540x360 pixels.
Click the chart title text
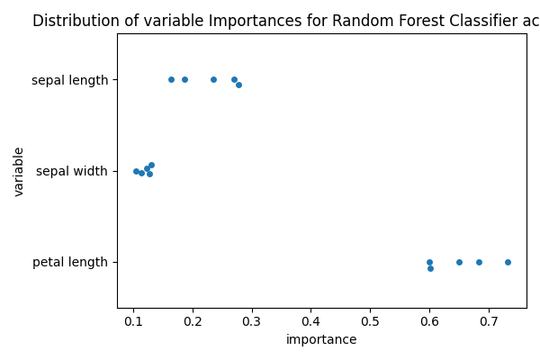(285, 21)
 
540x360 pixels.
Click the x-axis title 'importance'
(321, 340)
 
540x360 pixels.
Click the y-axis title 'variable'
(19, 171)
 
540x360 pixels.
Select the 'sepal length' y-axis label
(69, 80)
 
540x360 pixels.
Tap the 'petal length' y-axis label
(70, 263)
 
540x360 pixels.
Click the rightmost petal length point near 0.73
(508, 262)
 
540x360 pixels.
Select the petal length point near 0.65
(459, 262)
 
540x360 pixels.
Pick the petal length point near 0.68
(479, 262)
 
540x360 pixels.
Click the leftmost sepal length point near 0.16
(171, 79)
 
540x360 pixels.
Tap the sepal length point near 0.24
(213, 79)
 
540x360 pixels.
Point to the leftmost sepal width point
(136, 171)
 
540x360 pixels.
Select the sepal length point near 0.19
(184, 79)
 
